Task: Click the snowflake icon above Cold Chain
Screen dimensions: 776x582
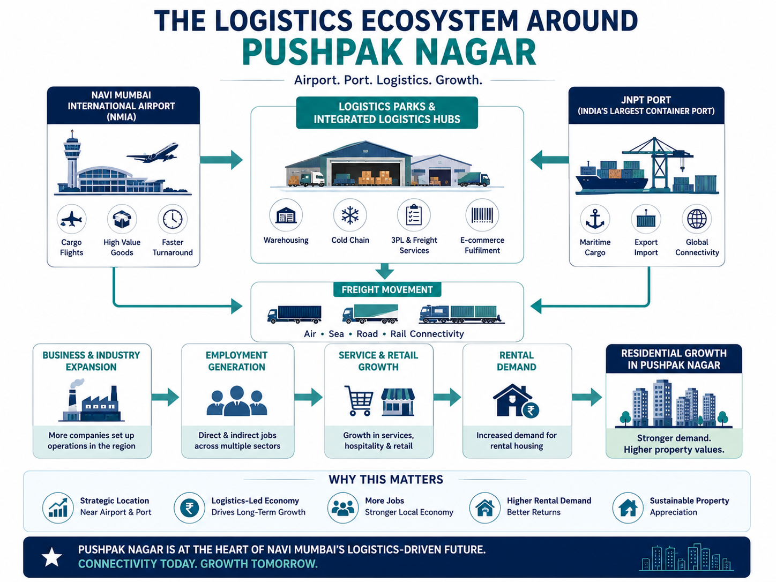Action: pos(350,215)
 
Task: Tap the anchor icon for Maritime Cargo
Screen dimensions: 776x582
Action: pos(595,219)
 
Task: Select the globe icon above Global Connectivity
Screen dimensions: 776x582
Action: pos(697,219)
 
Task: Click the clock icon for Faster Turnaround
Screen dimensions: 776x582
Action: pos(173,219)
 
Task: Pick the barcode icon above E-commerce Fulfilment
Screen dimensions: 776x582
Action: pos(482,215)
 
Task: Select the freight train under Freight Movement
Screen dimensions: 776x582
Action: pos(461,314)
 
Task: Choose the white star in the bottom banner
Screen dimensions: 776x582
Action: pos(52,557)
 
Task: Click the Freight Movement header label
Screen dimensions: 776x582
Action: pos(387,290)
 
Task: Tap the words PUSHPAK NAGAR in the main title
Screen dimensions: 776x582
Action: pos(389,53)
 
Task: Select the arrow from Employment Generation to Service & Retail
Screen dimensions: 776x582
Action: pos(308,397)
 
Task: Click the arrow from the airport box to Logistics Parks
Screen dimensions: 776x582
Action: pos(221,160)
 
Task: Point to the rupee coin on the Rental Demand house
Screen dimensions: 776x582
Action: pos(531,411)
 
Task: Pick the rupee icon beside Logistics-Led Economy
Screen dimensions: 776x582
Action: pos(189,508)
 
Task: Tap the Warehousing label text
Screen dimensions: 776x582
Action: pos(286,240)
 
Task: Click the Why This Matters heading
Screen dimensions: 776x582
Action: pos(386,480)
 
